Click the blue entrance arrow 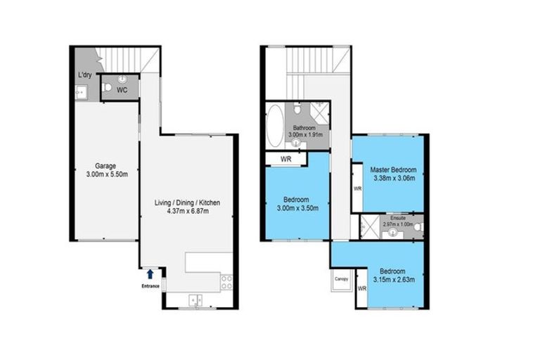pyautogui.click(x=150, y=274)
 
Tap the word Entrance pyautogui.click(x=150, y=286)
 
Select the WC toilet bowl pyautogui.click(x=107, y=88)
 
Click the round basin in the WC pyautogui.click(x=124, y=79)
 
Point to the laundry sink pyautogui.click(x=79, y=90)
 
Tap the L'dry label pyautogui.click(x=84, y=75)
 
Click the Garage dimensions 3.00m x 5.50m pyautogui.click(x=106, y=174)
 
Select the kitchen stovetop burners pyautogui.click(x=227, y=282)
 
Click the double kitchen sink pyautogui.click(x=196, y=300)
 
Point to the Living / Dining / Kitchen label pyautogui.click(x=188, y=202)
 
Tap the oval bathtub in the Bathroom pyautogui.click(x=274, y=126)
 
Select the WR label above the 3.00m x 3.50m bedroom pyautogui.click(x=285, y=160)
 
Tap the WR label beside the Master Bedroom pyautogui.click(x=357, y=188)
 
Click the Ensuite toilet pyautogui.click(x=415, y=226)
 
